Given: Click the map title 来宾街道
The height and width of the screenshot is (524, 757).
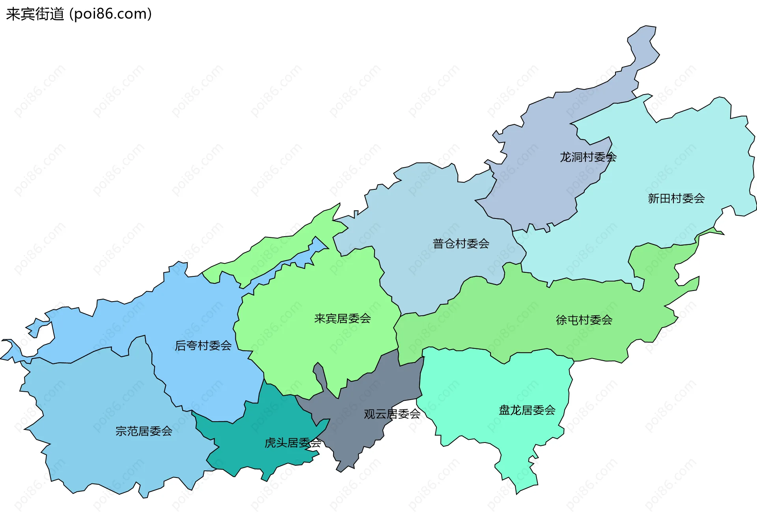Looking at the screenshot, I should [35, 14].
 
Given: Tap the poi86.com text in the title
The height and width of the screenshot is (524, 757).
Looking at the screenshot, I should [110, 14].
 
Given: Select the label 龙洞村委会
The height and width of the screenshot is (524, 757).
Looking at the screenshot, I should [588, 157].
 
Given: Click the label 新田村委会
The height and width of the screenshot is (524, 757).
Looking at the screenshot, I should [676, 198].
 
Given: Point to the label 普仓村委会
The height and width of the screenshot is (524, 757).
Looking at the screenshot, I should [461, 244].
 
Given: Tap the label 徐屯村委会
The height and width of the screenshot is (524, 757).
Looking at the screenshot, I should [584, 320].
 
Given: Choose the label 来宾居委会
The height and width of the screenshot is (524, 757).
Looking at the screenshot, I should [342, 318].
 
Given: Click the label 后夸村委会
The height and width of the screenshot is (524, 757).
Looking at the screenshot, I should [203, 346].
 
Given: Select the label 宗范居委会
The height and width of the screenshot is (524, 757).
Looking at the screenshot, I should [144, 431].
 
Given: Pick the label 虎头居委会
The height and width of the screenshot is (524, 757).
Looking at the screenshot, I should [293, 443].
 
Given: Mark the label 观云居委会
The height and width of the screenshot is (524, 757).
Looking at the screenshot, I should [392, 414].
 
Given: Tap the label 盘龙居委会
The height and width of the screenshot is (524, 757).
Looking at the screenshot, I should [527, 410].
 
